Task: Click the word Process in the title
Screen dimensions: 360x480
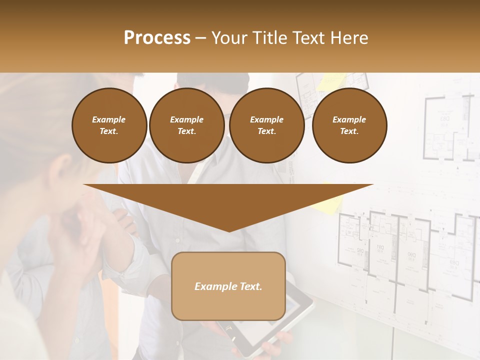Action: (157, 38)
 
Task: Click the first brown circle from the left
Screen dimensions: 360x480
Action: (109, 125)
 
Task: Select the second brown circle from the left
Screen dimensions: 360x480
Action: (186, 125)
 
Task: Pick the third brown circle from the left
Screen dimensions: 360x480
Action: (266, 125)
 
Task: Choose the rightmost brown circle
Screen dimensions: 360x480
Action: (349, 125)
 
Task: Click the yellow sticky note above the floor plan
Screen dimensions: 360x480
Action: (333, 80)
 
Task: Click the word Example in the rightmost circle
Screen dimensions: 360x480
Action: (349, 119)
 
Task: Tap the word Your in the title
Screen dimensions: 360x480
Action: (228, 38)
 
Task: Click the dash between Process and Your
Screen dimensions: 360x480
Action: (200, 38)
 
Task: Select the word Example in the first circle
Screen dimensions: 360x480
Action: (109, 119)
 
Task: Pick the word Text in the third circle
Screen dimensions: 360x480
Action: (266, 131)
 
